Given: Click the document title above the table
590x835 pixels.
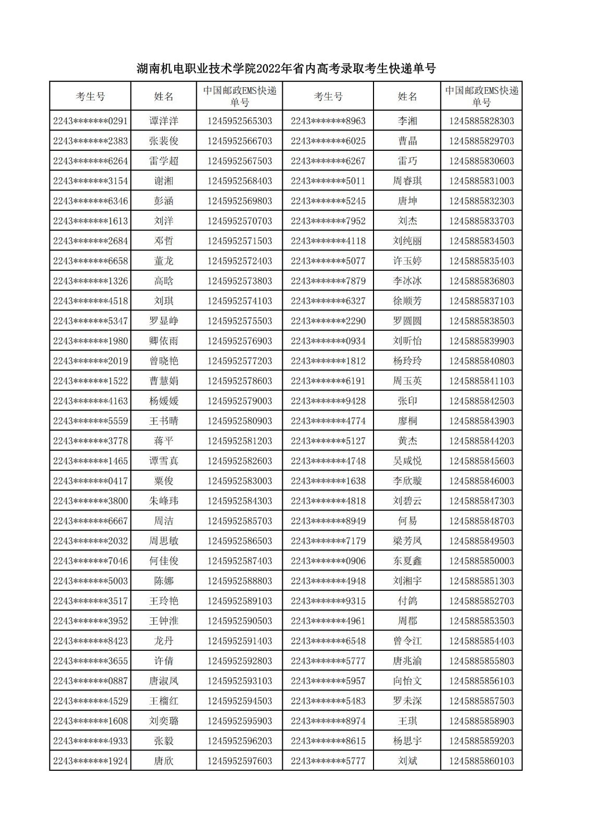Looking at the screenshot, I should pos(286,69).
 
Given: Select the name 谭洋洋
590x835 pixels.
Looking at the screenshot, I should pos(164,121).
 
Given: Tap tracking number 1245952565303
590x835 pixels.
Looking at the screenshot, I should pos(239,121).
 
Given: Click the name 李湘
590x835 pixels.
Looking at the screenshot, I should pos(407,121).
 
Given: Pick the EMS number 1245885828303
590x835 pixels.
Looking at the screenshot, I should pos(481,121).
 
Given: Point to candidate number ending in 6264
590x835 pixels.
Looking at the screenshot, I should pos(90,161).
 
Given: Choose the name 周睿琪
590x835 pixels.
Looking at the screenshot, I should pos(407,181).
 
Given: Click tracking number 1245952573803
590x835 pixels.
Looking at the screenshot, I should pos(239,281).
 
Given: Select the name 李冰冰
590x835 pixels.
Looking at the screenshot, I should pos(407,281).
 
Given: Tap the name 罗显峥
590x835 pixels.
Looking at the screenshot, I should pos(164,321).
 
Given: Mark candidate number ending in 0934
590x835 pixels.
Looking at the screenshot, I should pos(328,341).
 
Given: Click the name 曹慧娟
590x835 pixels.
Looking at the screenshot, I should pos(164,381).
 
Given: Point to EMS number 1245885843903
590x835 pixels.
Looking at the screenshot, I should pos(481,421).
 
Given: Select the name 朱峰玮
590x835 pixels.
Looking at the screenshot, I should pos(164,501).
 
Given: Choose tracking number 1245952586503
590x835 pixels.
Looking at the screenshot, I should pos(239,541).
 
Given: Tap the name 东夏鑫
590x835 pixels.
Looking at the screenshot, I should pos(407,561).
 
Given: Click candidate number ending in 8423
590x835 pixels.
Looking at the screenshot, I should pos(90,641).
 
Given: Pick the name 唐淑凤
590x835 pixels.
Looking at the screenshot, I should pos(164,681).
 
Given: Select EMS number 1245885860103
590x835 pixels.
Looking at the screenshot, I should pos(481,761).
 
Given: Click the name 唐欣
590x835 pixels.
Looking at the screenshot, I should pos(164,761).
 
